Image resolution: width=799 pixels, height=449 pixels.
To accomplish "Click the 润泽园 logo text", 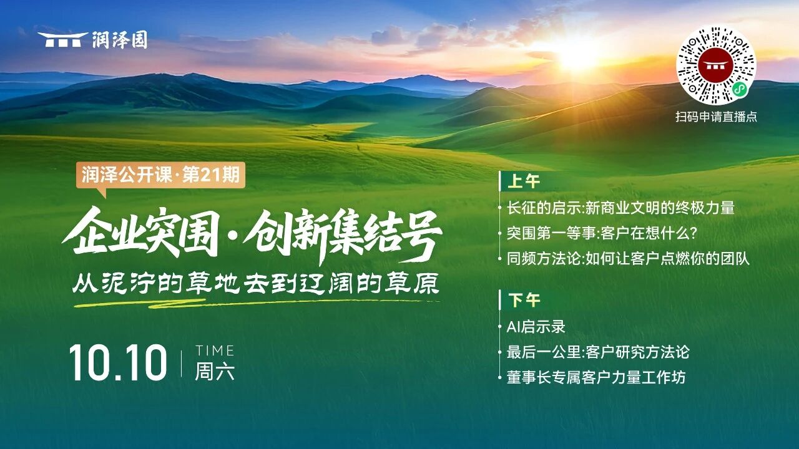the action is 119,39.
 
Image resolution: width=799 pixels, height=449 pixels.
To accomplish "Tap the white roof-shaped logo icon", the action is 63,39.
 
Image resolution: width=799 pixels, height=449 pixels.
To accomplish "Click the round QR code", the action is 716,65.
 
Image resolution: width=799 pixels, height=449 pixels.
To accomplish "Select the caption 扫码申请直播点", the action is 716,117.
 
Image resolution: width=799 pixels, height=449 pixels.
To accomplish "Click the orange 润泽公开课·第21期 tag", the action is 160,175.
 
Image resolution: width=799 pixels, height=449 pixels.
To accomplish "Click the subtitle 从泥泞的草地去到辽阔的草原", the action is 255,283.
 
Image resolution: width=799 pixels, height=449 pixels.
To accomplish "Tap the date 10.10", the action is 118,363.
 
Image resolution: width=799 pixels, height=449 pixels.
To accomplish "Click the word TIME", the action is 214,350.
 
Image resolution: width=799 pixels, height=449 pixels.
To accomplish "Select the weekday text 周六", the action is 214,371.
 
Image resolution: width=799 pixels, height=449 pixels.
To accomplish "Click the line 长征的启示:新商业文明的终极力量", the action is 620,208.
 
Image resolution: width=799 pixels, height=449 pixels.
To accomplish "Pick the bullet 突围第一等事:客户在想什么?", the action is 602,233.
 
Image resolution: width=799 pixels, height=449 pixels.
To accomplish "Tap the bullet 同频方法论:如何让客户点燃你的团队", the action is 628,259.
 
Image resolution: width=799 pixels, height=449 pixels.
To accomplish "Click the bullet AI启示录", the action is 536,326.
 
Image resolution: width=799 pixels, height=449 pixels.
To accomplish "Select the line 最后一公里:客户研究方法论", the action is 598,352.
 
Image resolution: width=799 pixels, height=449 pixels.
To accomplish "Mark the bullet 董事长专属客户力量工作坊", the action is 596,377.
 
